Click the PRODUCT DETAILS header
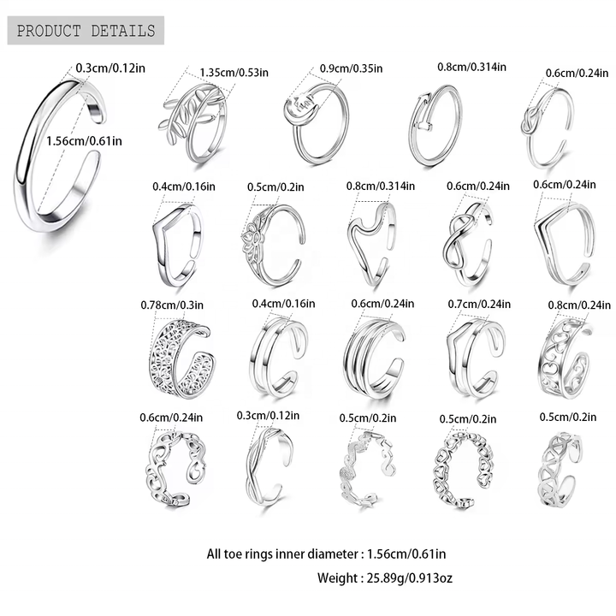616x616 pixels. (x=86, y=32)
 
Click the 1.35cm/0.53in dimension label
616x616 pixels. (x=234, y=74)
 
